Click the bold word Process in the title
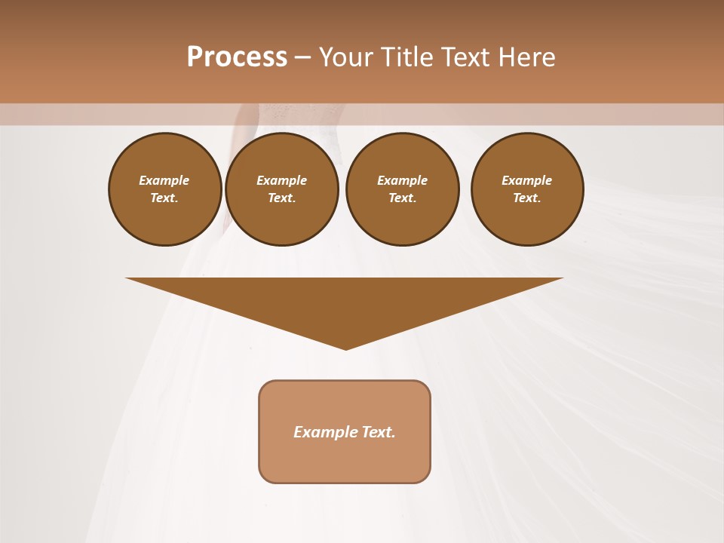point(237,57)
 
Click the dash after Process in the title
point(302,58)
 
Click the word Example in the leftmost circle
point(164,180)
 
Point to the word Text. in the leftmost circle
point(164,198)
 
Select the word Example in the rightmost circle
point(527,180)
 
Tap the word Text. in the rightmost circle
point(527,198)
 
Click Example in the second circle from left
point(282,180)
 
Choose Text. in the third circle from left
point(403,198)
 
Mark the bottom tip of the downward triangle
point(345,348)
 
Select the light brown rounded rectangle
point(345,460)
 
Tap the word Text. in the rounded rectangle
point(379,432)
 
